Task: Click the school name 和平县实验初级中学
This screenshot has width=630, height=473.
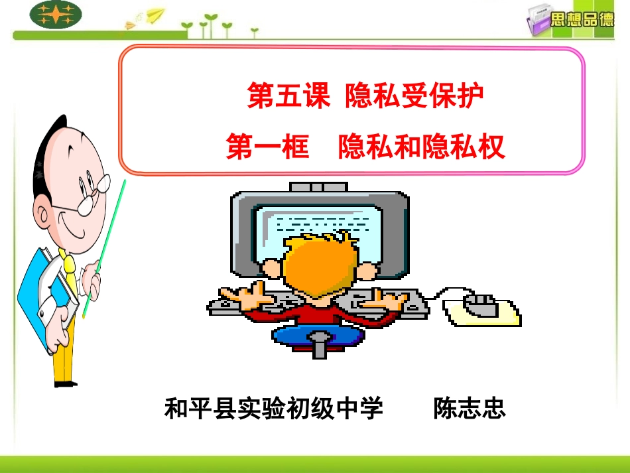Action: pos(273,408)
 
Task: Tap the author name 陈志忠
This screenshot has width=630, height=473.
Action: pos(469,408)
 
